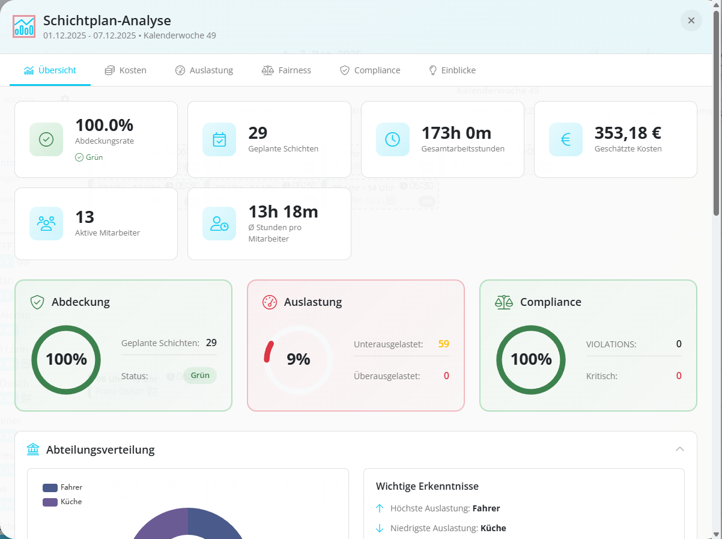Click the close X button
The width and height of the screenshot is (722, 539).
691,20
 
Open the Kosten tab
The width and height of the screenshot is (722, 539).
126,70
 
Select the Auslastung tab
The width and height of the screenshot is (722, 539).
204,70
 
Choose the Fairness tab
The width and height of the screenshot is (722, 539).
287,70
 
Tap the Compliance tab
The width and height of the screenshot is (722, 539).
370,70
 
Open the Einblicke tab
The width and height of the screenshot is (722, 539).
452,70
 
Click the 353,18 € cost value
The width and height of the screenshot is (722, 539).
628,133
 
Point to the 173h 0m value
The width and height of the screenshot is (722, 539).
457,133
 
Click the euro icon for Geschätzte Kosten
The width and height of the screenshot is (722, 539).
566,139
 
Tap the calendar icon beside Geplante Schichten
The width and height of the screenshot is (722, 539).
219,139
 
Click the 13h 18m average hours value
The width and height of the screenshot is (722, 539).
283,212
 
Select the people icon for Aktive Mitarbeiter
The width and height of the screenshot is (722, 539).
46,224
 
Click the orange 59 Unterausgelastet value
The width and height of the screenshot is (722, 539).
444,344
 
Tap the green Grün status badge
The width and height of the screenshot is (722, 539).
200,376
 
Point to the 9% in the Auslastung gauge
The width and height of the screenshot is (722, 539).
299,359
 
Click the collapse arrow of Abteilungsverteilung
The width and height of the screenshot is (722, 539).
680,449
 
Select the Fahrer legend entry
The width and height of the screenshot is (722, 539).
63,487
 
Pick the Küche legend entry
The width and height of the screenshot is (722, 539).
63,502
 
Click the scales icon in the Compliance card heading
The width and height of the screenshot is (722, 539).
504,302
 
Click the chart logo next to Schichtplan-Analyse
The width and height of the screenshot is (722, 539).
24,26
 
